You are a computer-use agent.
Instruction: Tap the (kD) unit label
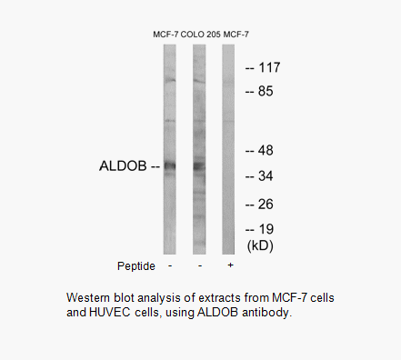(x=260, y=245)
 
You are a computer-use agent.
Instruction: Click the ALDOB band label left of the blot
(x=124, y=166)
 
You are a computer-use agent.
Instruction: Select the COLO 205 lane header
(x=200, y=34)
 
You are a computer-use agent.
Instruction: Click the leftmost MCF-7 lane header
(x=165, y=34)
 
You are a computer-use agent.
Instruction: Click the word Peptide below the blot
(x=135, y=265)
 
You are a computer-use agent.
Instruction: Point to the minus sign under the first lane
(x=170, y=265)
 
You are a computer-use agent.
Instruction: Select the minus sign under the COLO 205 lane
(x=199, y=265)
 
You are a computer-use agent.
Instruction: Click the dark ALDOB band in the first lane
(x=170, y=165)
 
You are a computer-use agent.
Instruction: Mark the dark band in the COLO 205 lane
(x=199, y=165)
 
